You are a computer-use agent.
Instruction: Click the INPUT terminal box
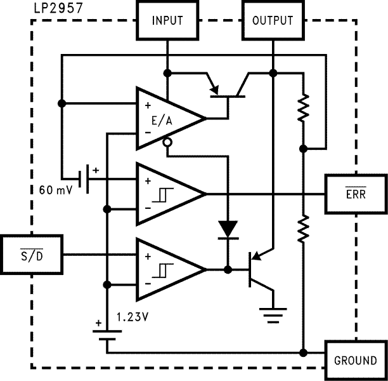pos(167,20)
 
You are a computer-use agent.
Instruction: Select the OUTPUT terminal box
pos(273,20)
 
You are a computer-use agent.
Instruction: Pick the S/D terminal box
pos(32,255)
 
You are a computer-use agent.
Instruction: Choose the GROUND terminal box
pos(355,361)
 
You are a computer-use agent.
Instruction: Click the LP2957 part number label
pos(54,8)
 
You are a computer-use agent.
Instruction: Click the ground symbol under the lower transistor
pos(274,312)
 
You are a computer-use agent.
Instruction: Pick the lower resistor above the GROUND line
pos(304,227)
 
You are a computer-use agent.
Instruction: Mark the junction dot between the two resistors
pos(304,149)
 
